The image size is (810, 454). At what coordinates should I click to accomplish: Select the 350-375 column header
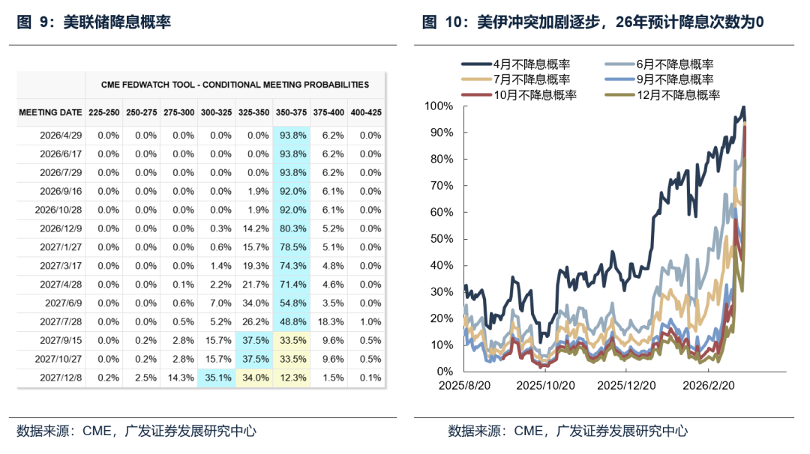click(291, 112)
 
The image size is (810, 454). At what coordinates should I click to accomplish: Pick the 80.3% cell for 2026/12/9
click(291, 228)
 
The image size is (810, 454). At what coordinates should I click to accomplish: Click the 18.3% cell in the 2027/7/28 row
click(328, 321)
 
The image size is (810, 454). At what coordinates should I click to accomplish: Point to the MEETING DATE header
click(50, 112)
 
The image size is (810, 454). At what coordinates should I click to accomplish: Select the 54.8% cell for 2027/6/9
click(291, 303)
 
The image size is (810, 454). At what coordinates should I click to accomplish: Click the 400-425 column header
click(365, 112)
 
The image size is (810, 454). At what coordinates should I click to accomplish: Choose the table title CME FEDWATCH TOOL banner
click(235, 85)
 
